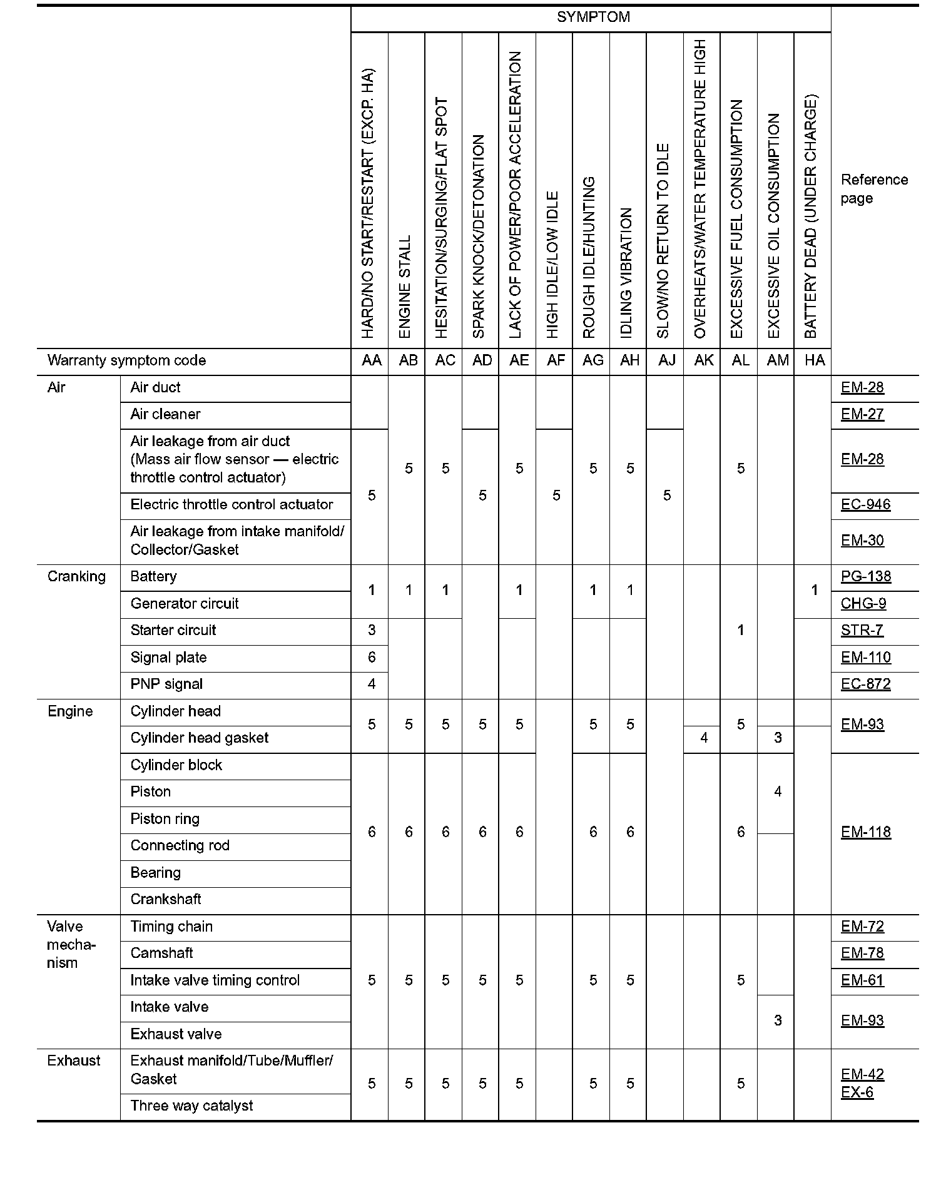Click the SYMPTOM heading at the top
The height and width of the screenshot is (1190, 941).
pyautogui.click(x=593, y=18)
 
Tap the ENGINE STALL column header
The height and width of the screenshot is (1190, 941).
pyautogui.click(x=405, y=287)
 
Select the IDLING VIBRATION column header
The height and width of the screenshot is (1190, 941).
pyautogui.click(x=627, y=273)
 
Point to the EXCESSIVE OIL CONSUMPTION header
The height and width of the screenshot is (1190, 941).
pyautogui.click(x=774, y=225)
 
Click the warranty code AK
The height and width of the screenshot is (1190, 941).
pyautogui.click(x=704, y=360)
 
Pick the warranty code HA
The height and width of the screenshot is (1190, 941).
pyautogui.click(x=815, y=360)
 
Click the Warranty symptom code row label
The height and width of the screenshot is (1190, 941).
pyautogui.click(x=126, y=360)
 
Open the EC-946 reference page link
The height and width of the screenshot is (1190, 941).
pyautogui.click(x=865, y=504)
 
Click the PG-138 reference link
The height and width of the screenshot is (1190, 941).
pyautogui.click(x=866, y=576)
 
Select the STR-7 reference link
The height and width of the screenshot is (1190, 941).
pyautogui.click(x=862, y=630)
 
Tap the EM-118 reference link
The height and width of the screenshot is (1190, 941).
pyautogui.click(x=866, y=832)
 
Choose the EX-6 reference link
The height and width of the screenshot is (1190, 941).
pyautogui.click(x=857, y=1092)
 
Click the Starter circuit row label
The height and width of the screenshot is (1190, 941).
pyautogui.click(x=173, y=630)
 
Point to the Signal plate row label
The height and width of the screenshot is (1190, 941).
pyautogui.click(x=168, y=658)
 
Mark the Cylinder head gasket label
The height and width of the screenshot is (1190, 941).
pyautogui.click(x=200, y=738)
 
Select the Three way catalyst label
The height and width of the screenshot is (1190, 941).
pyautogui.click(x=191, y=1106)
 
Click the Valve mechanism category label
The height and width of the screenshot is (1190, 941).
pyautogui.click(x=70, y=945)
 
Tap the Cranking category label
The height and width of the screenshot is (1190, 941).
pyautogui.click(x=76, y=576)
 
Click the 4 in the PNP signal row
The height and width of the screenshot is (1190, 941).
pyautogui.click(x=372, y=684)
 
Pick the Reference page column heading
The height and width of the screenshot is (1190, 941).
pyautogui.click(x=874, y=189)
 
